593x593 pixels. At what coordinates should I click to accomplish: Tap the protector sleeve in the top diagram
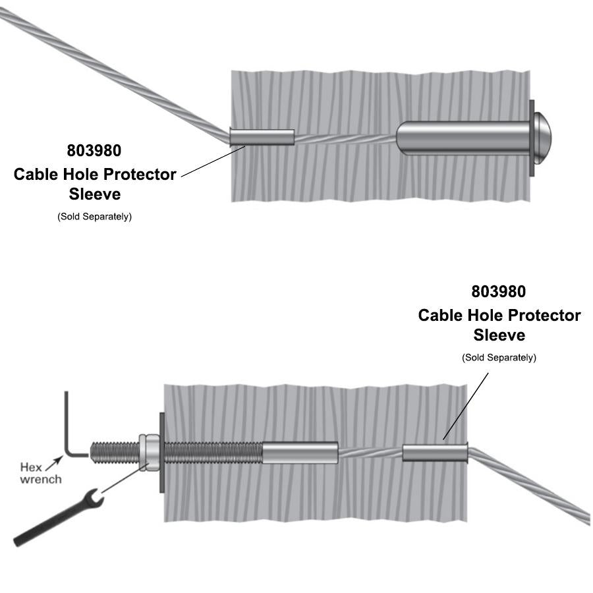(262, 137)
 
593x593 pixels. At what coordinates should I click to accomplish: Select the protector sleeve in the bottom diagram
(435, 453)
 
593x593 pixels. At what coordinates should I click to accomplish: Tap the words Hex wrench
(41, 473)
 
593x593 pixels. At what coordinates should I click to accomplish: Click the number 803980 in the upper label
(94, 150)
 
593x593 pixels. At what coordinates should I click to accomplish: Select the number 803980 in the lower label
(499, 291)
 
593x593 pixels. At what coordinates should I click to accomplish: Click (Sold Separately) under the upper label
(94, 216)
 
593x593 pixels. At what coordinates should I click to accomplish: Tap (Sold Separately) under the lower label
(499, 357)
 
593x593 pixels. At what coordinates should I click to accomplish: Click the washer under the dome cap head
(532, 138)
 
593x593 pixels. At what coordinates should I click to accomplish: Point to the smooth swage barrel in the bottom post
(300, 453)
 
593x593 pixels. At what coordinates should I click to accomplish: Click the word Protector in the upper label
(136, 175)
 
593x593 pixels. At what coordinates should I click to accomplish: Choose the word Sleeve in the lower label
(499, 335)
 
